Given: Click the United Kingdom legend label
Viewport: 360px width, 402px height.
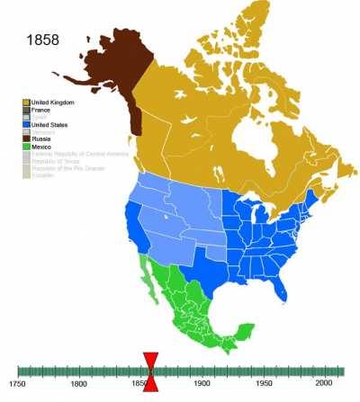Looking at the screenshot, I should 53,103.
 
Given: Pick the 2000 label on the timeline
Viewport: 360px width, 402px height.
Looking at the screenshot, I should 323,384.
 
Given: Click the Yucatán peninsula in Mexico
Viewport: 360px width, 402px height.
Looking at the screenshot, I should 245,329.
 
